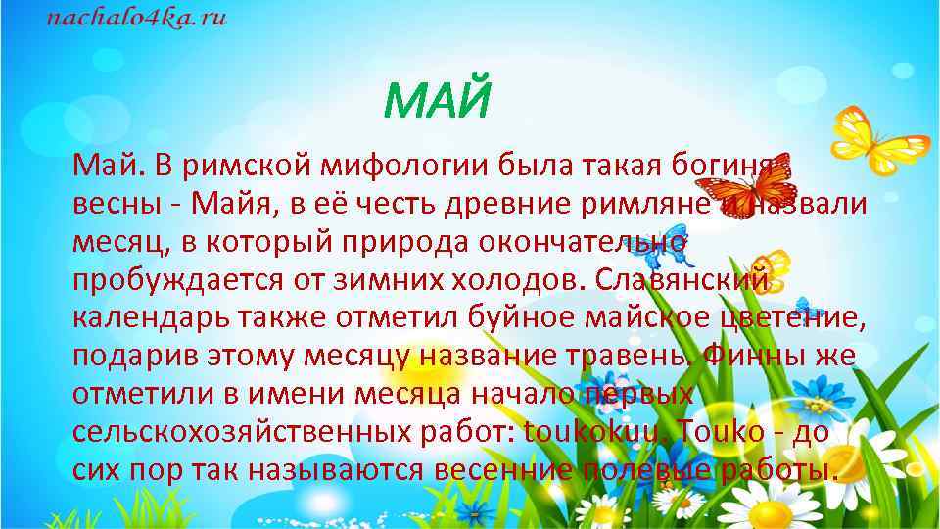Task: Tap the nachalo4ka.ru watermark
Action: [137, 20]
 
